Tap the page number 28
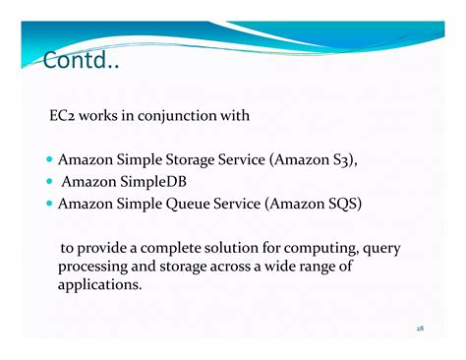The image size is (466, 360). [x=420, y=328]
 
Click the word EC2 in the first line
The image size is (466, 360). [x=64, y=116]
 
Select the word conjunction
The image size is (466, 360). [x=184, y=116]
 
